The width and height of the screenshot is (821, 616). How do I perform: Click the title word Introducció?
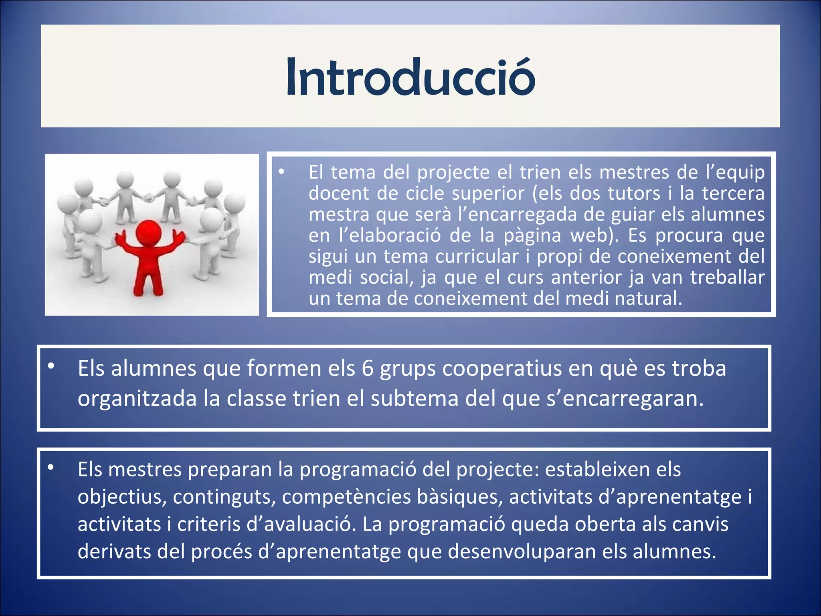pyautogui.click(x=410, y=77)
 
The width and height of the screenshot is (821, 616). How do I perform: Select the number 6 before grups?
pyautogui.click(x=367, y=369)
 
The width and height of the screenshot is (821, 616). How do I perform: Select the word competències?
pyautogui.click(x=346, y=497)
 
